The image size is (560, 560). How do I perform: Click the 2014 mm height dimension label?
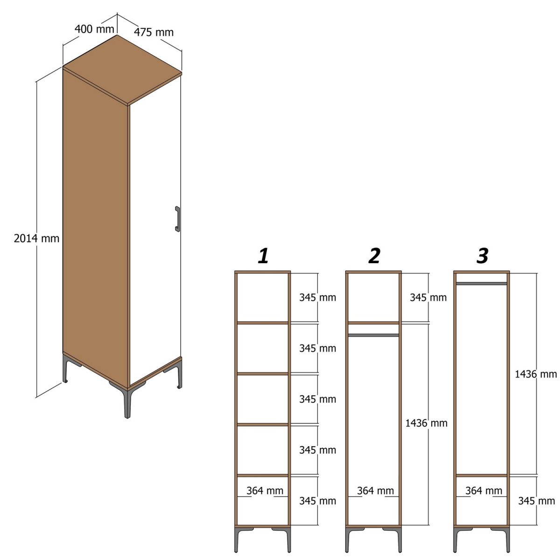click(36, 238)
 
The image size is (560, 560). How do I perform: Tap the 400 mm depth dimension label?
click(94, 29)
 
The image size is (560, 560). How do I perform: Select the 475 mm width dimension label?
click(154, 32)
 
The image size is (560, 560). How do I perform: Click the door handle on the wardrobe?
click(177, 219)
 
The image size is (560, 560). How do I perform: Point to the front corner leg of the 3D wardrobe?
click(127, 401)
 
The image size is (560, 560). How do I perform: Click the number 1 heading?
click(263, 256)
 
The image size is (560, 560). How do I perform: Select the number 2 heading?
click(374, 256)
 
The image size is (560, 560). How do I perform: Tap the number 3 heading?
click(482, 256)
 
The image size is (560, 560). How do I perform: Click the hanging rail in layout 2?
click(373, 335)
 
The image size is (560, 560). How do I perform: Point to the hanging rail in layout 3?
click(481, 283)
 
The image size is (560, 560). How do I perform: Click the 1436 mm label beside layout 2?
click(426, 423)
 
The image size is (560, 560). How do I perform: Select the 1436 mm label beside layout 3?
click(536, 374)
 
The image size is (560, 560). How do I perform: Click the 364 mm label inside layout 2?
click(375, 490)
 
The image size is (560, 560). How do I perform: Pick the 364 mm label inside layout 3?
click(483, 490)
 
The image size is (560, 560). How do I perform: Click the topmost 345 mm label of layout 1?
click(317, 297)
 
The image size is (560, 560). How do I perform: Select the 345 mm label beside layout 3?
click(536, 501)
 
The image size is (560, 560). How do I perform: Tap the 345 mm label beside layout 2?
click(428, 297)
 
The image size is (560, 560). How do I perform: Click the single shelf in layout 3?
click(481, 476)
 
